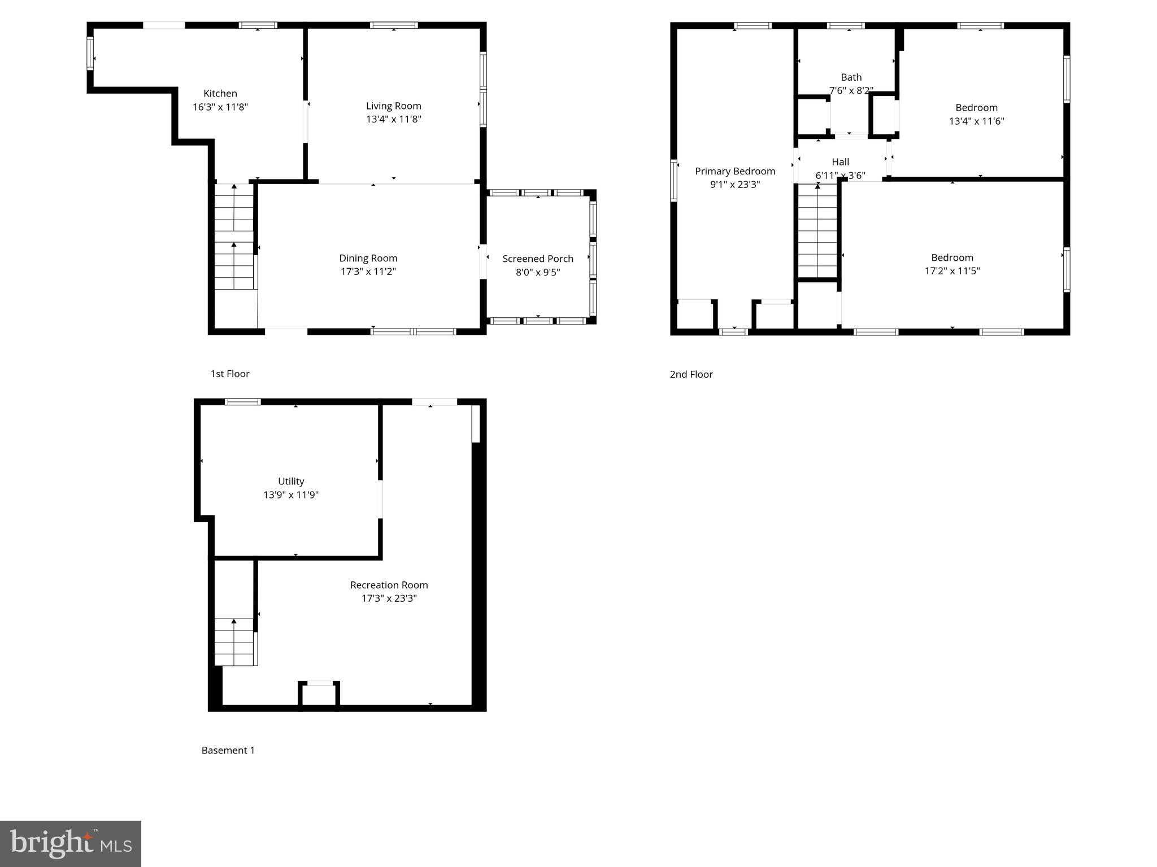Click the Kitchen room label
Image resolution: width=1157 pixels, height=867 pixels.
click(220, 94)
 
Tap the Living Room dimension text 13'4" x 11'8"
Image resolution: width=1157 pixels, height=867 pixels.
click(394, 119)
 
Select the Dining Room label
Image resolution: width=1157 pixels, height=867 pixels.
click(368, 258)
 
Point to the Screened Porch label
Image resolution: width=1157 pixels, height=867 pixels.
click(538, 259)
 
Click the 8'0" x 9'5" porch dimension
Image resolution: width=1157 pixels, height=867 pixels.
click(538, 272)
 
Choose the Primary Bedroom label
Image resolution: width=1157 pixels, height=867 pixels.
click(735, 171)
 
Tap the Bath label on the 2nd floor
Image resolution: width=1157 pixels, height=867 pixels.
click(851, 77)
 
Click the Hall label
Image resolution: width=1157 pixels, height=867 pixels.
click(841, 162)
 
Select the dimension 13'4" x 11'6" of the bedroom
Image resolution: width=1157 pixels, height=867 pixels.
click(977, 121)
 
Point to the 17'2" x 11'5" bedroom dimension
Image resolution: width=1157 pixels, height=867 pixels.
click(952, 271)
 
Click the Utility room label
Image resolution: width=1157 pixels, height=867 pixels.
click(291, 481)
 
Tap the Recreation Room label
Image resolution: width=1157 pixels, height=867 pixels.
click(389, 585)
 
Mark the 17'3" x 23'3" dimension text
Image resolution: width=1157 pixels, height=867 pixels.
click(389, 598)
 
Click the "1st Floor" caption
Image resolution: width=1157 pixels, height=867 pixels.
click(230, 374)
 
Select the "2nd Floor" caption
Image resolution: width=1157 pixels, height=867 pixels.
click(691, 374)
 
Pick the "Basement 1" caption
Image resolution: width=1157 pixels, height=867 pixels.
click(228, 750)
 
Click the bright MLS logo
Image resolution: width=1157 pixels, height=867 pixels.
click(71, 844)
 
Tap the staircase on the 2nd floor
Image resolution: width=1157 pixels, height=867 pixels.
click(817, 231)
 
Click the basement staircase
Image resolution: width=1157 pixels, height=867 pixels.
click(234, 642)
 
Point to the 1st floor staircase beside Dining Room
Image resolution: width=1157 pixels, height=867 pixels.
click(234, 237)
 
